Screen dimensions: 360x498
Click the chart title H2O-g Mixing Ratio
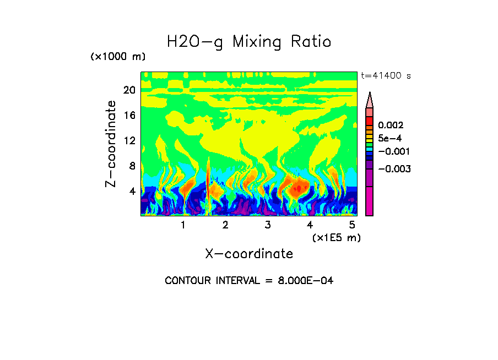click(x=249, y=42)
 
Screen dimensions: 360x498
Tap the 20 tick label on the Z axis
click(x=129, y=90)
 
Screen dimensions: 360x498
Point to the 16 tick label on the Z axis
click(x=129, y=116)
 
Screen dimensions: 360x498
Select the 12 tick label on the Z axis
click(x=129, y=141)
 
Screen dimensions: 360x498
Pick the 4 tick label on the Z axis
click(x=132, y=192)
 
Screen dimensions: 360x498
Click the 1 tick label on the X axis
click(x=183, y=225)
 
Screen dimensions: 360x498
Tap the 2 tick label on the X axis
click(x=225, y=225)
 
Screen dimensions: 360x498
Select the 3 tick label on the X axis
click(x=267, y=225)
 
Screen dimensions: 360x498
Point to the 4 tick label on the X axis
click(x=310, y=225)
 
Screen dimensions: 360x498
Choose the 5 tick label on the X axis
click(x=352, y=225)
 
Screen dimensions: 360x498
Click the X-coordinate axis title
click(x=249, y=254)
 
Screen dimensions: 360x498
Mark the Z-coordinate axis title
click(x=112, y=144)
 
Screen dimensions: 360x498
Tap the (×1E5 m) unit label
click(x=337, y=237)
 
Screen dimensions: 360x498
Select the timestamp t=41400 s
click(x=386, y=76)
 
